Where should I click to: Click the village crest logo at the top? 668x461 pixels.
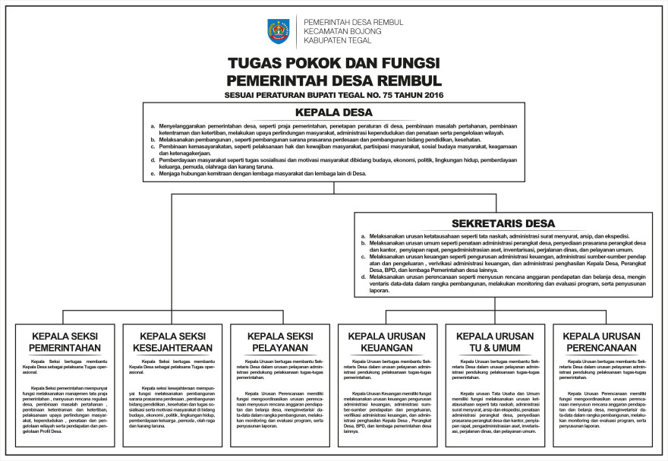pyautogui.click(x=279, y=31)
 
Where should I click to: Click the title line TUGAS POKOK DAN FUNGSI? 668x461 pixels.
pyautogui.click(x=334, y=64)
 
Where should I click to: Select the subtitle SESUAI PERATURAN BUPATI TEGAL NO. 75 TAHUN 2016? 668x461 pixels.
pyautogui.click(x=334, y=95)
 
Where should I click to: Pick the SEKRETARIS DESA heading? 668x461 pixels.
pyautogui.click(x=503, y=223)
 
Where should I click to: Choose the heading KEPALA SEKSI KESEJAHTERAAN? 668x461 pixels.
pyautogui.click(x=172, y=342)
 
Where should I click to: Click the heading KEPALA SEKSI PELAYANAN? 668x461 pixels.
pyautogui.click(x=279, y=342)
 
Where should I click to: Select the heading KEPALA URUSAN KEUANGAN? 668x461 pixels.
pyautogui.click(x=386, y=342)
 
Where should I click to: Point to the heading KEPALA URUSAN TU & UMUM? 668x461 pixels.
pyautogui.click(x=494, y=342)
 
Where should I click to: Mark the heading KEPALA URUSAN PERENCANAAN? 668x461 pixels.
pyautogui.click(x=602, y=342)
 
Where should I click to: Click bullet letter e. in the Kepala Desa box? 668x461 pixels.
pyautogui.click(x=153, y=173)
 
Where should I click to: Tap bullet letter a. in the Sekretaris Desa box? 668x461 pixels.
pyautogui.click(x=364, y=236)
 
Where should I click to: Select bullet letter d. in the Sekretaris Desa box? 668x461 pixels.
pyautogui.click(x=364, y=277)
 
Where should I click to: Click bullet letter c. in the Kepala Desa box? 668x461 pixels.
pyautogui.click(x=153, y=147)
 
